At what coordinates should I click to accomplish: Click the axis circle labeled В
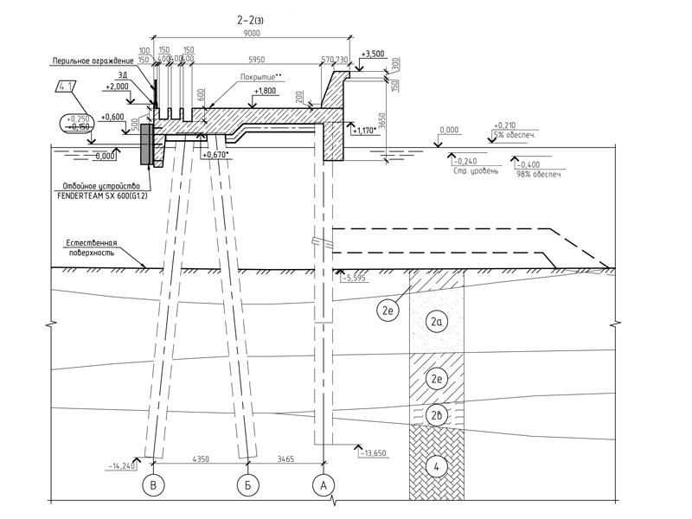153,487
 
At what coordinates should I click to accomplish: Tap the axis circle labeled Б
247,487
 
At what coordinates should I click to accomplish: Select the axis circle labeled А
324,487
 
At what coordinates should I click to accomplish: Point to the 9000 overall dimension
252,32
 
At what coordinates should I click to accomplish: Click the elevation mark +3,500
373,54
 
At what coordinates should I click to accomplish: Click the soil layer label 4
437,467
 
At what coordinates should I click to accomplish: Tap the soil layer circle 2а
437,323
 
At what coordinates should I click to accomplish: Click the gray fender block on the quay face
144,144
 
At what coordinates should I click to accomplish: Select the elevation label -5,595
356,279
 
